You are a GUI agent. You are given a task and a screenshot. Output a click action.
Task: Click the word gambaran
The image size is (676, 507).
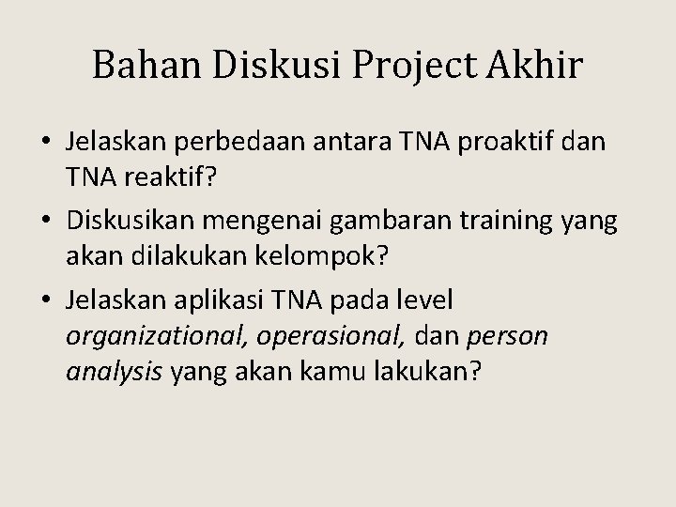coord(354,223)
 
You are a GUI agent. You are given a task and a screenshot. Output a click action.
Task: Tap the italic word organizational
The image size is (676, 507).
coord(151,335)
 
